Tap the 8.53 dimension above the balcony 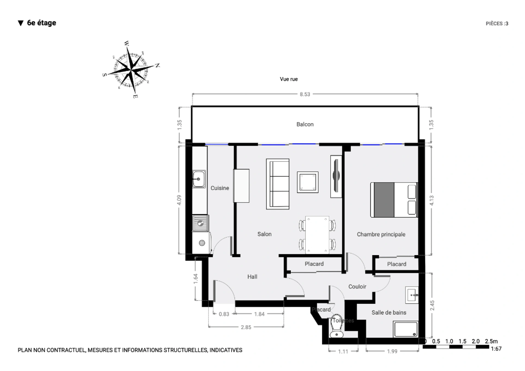(305, 94)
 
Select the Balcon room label (305, 124)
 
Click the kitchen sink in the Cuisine (199, 179)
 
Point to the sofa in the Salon (278, 184)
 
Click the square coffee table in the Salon (308, 182)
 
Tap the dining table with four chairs (317, 234)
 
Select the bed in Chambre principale (394, 200)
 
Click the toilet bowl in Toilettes (337, 327)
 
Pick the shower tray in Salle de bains (406, 329)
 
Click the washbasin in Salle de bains (412, 295)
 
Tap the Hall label (252, 277)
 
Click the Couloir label (357, 287)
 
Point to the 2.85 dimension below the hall (246, 327)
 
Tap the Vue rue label (288, 79)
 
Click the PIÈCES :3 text (497, 24)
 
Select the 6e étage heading (41, 23)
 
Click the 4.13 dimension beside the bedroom (431, 201)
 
